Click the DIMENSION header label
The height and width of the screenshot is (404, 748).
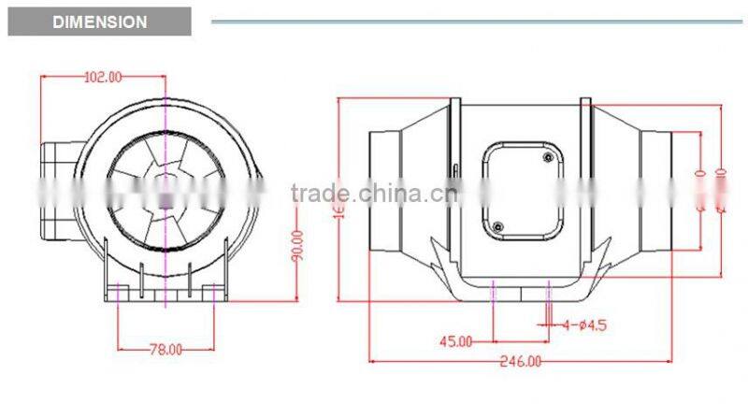pyautogui.click(x=100, y=22)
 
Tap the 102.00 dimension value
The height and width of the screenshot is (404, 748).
pyautogui.click(x=104, y=78)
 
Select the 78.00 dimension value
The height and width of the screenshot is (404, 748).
pyautogui.click(x=165, y=350)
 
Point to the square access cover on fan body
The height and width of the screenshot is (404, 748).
pyautogui.click(x=522, y=192)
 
